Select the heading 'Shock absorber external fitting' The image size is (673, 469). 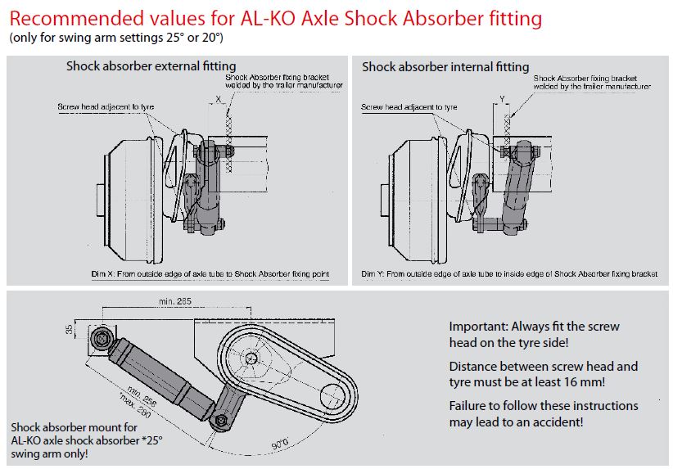(x=151, y=65)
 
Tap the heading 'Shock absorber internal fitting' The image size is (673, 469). (x=445, y=66)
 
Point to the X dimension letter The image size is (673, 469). (x=217, y=98)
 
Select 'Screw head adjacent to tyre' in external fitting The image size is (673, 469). (x=106, y=107)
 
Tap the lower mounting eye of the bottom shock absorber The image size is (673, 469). (x=219, y=420)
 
